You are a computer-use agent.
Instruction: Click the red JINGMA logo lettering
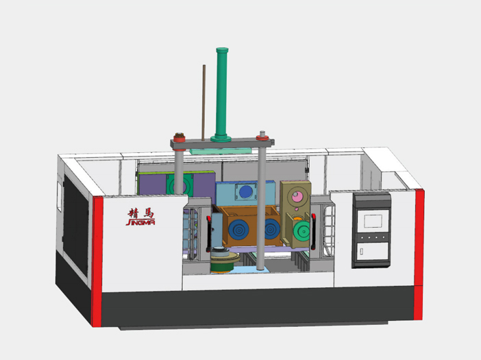(140, 222)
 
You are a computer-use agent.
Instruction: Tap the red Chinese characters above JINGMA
(140, 213)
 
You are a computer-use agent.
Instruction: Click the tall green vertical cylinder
(221, 95)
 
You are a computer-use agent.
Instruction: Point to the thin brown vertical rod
(203, 102)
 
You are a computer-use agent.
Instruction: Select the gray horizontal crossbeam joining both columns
(223, 143)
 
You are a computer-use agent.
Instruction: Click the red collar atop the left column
(180, 138)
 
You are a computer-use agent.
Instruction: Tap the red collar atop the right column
(262, 138)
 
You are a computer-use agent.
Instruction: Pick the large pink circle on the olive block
(297, 196)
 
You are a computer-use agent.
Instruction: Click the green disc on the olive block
(301, 231)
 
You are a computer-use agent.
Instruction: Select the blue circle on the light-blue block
(246, 192)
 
